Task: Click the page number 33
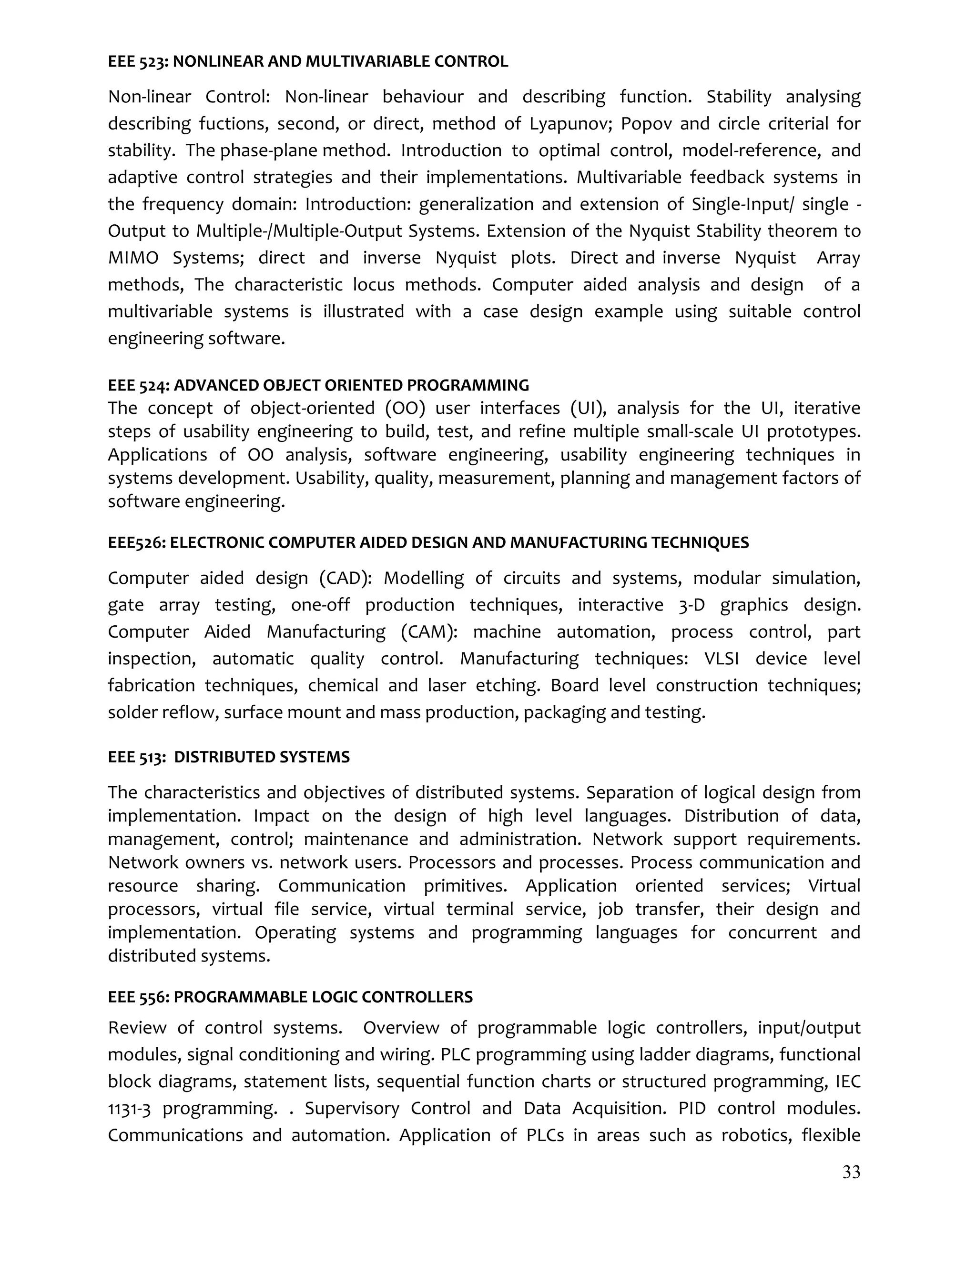(x=851, y=1172)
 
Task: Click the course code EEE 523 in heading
(x=137, y=62)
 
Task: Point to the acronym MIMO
(x=133, y=258)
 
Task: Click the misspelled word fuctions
(x=234, y=124)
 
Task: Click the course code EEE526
(x=136, y=542)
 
